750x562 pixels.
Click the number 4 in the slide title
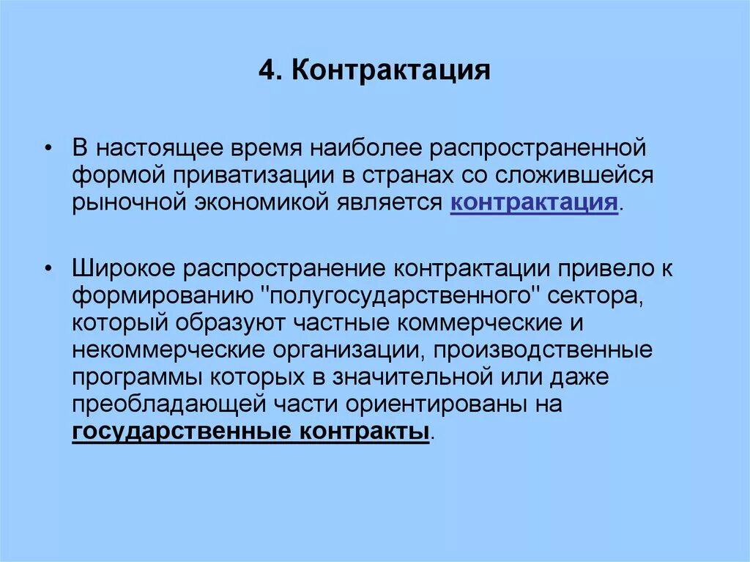(x=266, y=71)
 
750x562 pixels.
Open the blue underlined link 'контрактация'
(x=534, y=202)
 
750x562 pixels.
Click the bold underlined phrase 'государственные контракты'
(x=250, y=431)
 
